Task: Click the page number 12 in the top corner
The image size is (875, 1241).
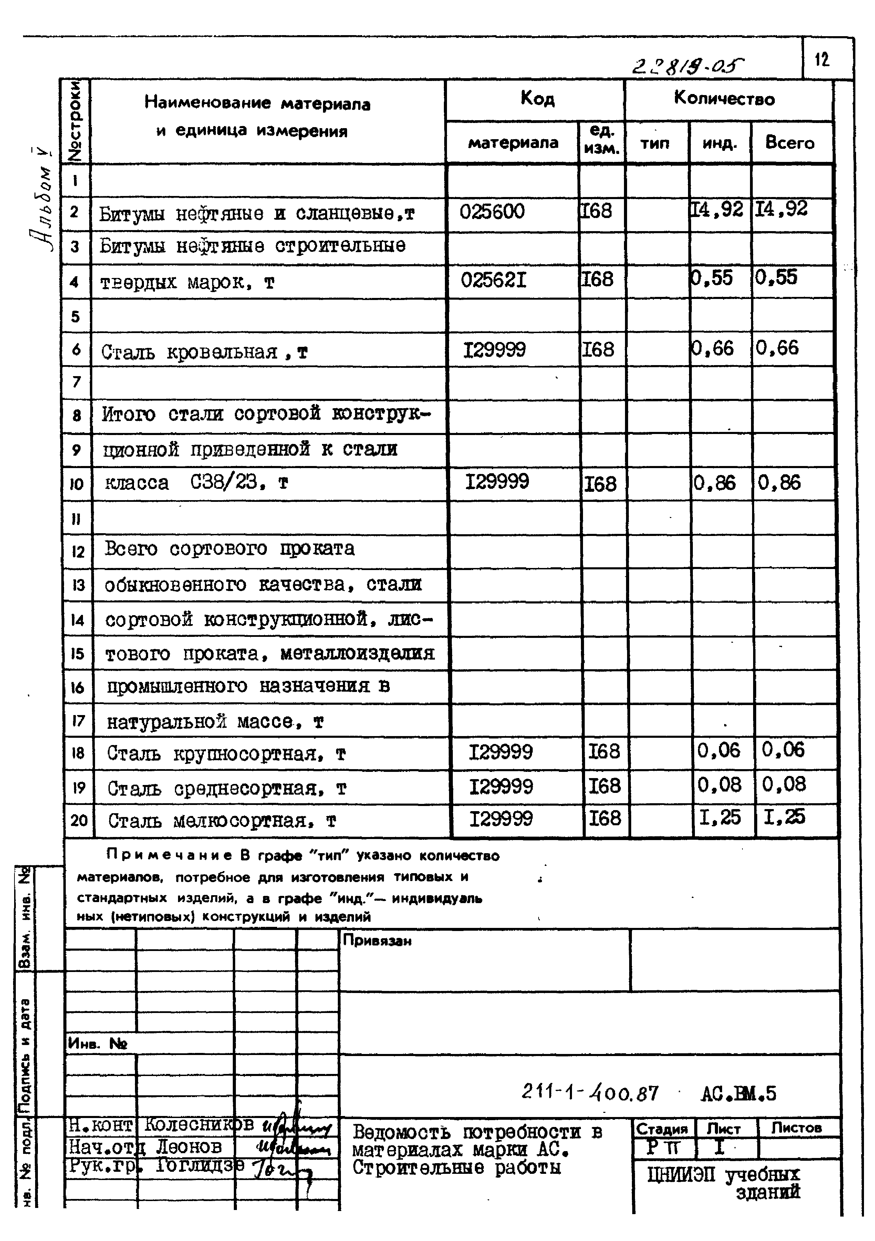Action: coord(822,60)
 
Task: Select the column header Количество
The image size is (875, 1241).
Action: coord(724,99)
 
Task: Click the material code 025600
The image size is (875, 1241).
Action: coord(492,211)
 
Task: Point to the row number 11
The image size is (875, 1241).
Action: coord(76,519)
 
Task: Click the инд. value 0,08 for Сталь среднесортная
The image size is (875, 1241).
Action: coord(719,785)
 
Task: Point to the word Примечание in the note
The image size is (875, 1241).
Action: coord(170,856)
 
